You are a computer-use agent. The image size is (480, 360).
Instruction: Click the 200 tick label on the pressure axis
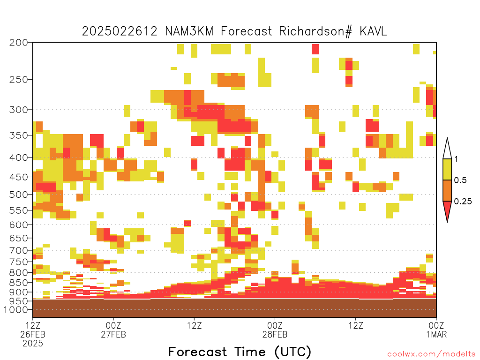point(19,43)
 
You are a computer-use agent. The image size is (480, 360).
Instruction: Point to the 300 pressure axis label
point(19,110)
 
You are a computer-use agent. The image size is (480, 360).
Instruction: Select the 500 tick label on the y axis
point(19,195)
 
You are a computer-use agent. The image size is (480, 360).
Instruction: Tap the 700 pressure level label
point(19,250)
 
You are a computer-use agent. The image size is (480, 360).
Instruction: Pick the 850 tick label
point(19,282)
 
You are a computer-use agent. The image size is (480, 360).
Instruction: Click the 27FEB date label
point(113,334)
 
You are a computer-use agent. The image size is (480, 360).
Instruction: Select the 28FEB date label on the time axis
point(275,334)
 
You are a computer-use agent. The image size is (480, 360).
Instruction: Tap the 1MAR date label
point(436,334)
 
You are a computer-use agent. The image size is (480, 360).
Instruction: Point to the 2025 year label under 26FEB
point(33,344)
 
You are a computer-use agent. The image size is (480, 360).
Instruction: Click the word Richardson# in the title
point(315,31)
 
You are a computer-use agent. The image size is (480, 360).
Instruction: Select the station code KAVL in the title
point(374,31)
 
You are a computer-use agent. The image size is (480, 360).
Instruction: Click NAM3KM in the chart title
point(189,31)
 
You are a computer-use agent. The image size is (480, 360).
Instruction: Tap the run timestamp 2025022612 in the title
point(120,31)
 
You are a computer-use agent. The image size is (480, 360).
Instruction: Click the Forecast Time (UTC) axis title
point(240,352)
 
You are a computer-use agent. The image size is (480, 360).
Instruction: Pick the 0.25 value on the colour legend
point(463,201)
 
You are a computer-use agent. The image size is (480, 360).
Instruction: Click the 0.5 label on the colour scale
point(460,180)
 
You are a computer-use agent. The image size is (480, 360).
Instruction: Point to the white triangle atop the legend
point(447,150)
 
